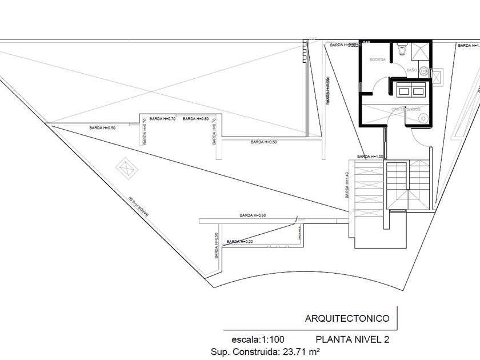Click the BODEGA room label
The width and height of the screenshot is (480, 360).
pyautogui.click(x=378, y=60)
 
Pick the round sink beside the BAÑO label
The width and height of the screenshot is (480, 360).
pyautogui.click(x=423, y=71)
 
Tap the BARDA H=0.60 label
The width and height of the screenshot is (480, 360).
pyautogui.click(x=253, y=215)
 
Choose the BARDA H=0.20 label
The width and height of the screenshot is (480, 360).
pyautogui.click(x=240, y=242)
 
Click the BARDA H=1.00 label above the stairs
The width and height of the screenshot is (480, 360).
pyautogui.click(x=369, y=156)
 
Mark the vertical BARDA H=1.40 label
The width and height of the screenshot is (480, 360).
pyautogui.click(x=347, y=186)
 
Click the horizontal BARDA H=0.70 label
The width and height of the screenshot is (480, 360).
pyautogui.click(x=195, y=119)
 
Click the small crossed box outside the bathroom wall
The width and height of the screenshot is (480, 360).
pyautogui.click(x=438, y=76)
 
